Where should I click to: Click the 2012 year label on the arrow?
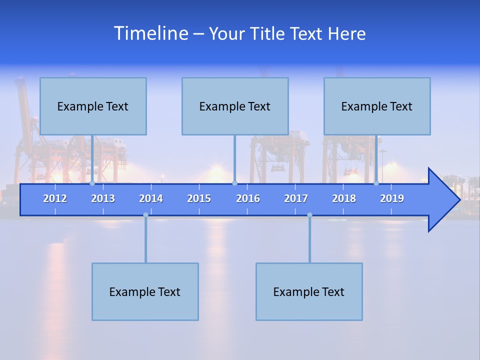[x=55, y=198]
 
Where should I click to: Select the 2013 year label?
[x=103, y=198]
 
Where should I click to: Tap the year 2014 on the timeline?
[x=151, y=198]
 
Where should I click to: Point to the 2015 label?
[x=199, y=198]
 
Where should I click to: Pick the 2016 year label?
[x=248, y=198]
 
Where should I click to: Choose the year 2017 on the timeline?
[x=296, y=198]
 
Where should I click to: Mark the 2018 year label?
[x=344, y=198]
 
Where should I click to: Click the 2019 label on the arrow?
[x=392, y=198]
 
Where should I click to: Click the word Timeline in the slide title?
[x=150, y=33]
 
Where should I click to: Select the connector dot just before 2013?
[x=92, y=183]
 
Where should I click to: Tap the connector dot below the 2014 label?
[x=145, y=215]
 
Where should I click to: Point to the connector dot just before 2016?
[x=234, y=183]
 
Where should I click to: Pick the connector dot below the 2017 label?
[x=309, y=215]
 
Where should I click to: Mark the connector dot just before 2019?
[x=376, y=183]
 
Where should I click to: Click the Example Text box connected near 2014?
[x=145, y=291]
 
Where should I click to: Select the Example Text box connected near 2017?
[x=309, y=291]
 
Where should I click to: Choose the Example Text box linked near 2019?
[x=377, y=106]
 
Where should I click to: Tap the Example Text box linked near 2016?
[x=235, y=106]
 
